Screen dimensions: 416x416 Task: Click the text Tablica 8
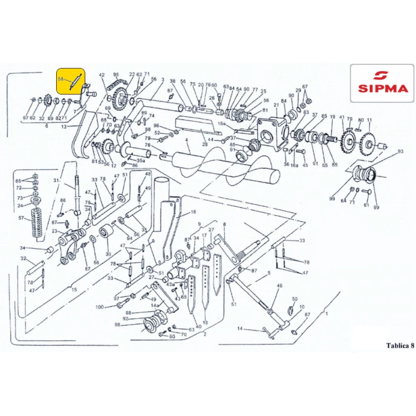[400, 345]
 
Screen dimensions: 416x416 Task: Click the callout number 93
[401, 151]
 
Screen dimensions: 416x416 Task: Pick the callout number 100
[100, 307]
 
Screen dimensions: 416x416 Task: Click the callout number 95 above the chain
[116, 74]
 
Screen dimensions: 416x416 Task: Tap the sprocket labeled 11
[367, 144]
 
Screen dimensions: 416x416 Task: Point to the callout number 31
[56, 181]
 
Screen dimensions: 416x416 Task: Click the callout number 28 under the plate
[204, 144]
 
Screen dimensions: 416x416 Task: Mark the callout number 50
[295, 299]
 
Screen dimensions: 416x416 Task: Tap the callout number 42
[102, 75]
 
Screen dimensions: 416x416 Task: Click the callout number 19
[332, 117]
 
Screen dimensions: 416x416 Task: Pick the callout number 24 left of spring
[20, 206]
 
